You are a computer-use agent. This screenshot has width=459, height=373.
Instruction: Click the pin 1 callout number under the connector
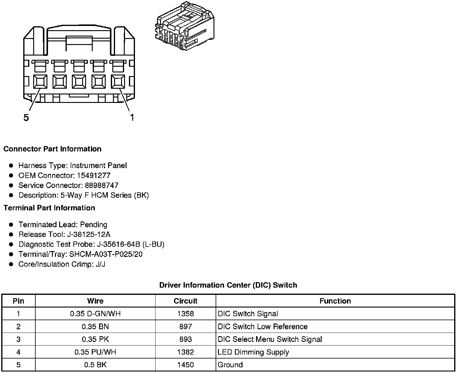(x=132, y=117)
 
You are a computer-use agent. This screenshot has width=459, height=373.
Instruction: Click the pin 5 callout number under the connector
(x=26, y=117)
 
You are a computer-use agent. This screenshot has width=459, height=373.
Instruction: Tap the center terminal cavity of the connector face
(x=79, y=81)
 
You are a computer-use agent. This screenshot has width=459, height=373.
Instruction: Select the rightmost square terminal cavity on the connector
(x=118, y=81)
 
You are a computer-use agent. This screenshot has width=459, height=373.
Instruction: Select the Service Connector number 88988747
(x=102, y=185)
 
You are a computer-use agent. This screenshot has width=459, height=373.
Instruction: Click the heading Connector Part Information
(x=52, y=149)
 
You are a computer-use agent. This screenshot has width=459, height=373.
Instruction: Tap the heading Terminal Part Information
(x=49, y=208)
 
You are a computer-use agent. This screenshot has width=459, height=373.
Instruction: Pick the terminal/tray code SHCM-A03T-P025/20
(x=106, y=254)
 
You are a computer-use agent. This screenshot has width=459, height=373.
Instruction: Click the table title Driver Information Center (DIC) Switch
(x=228, y=285)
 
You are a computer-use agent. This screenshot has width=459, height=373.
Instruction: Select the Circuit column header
(x=185, y=301)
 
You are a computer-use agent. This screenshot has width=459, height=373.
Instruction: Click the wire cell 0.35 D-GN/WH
(x=95, y=314)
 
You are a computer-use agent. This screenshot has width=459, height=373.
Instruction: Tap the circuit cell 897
(x=185, y=327)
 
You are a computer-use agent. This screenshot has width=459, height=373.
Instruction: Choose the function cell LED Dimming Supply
(x=253, y=352)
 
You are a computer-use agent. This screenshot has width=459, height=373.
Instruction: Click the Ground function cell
(x=230, y=365)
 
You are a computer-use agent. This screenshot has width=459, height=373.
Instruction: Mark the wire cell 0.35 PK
(x=95, y=339)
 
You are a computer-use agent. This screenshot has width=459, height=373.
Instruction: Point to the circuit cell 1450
(x=185, y=365)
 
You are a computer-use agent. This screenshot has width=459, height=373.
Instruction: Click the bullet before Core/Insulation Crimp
(x=11, y=264)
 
